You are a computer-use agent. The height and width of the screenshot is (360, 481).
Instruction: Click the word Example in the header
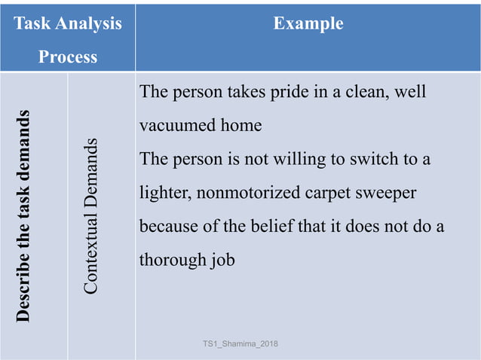pyautogui.click(x=308, y=24)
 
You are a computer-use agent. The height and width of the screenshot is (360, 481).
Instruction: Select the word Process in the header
pyautogui.click(x=68, y=57)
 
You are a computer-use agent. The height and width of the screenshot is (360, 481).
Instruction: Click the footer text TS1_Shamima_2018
pyautogui.click(x=240, y=344)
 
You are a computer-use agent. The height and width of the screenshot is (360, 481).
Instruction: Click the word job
pyautogui.click(x=222, y=261)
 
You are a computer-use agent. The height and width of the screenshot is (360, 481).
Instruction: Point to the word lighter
pyautogui.click(x=166, y=193)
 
